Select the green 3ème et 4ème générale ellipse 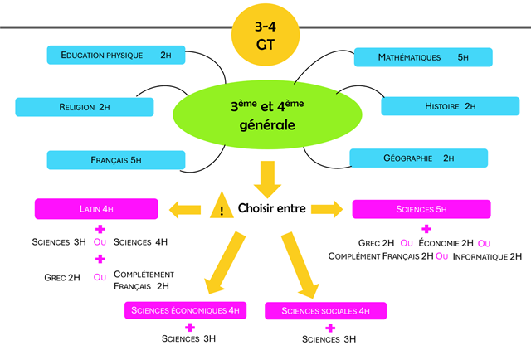(262, 116)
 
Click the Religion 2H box (85, 107)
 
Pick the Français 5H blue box (115, 159)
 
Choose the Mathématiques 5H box (423, 57)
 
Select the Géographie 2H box (418, 158)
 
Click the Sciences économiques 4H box (186, 311)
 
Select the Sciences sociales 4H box (325, 311)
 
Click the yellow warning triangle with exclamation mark (221, 207)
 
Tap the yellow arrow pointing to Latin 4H (184, 207)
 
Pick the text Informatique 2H (487, 256)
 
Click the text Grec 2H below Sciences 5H (377, 243)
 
